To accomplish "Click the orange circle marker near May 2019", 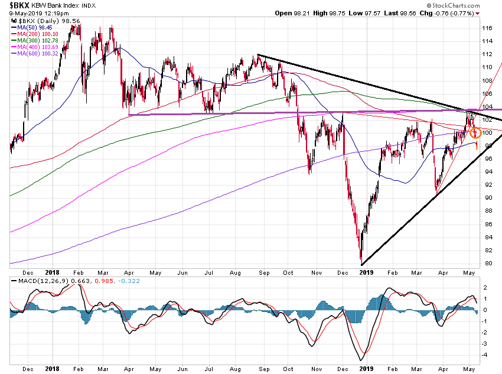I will [475, 132].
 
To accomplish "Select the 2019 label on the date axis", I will [367, 272].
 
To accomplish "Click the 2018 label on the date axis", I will [51, 272].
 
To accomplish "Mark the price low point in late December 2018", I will [360, 264].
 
